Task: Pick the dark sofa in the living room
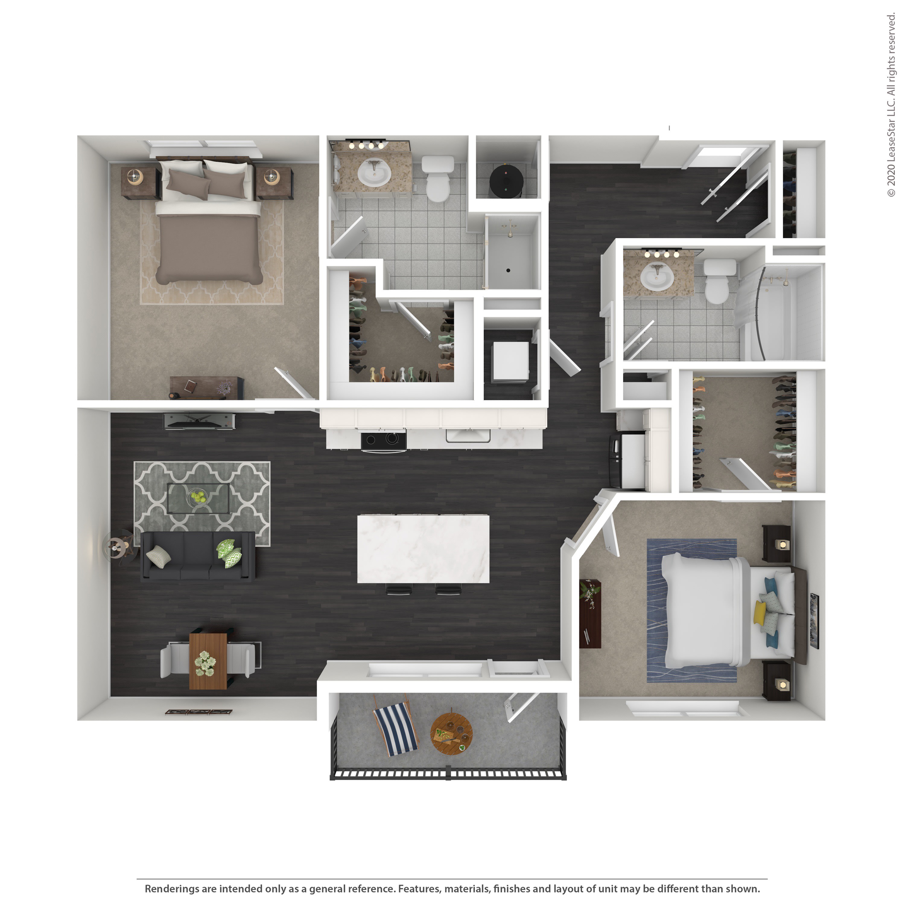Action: [x=198, y=557]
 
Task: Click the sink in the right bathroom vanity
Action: [x=657, y=276]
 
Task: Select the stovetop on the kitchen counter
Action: [x=383, y=440]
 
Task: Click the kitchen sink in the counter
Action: [x=468, y=435]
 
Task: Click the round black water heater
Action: [x=506, y=180]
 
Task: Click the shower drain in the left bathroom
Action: [x=508, y=270]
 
